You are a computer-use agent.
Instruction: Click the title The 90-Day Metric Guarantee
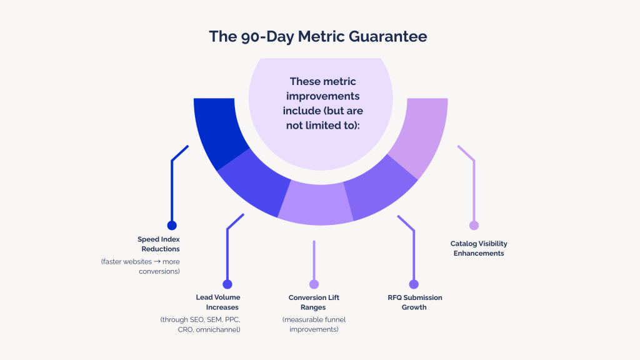(x=318, y=36)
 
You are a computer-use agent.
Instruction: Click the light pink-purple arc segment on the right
(x=418, y=134)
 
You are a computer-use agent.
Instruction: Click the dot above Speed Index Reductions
(x=172, y=226)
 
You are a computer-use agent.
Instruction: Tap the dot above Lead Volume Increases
(x=227, y=284)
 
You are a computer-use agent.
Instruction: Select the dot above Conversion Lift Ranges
(x=314, y=284)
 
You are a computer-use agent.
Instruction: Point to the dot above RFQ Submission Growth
(x=414, y=284)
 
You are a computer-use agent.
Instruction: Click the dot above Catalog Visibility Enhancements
(x=474, y=226)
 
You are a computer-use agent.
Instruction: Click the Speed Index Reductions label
(x=159, y=244)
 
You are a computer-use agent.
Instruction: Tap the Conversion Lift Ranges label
(x=314, y=302)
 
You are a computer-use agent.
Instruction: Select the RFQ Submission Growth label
(x=415, y=302)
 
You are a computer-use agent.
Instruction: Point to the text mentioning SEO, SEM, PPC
(x=200, y=324)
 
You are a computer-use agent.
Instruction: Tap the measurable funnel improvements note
(x=314, y=324)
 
